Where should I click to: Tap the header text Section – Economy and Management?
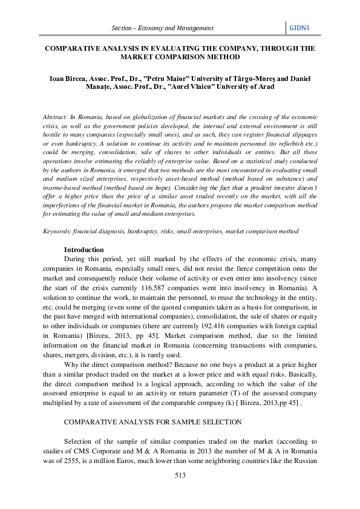coord(163,28)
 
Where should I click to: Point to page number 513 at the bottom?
coord(179,476)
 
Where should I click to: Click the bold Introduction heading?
coord(84,250)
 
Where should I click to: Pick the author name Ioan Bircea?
coord(66,78)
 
